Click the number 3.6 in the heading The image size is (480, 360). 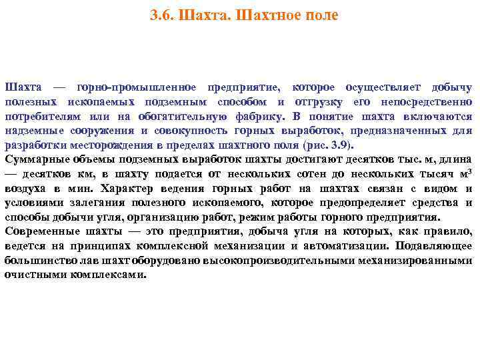coord(162,15)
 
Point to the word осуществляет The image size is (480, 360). coord(384,88)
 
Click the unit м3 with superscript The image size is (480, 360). coord(463,173)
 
